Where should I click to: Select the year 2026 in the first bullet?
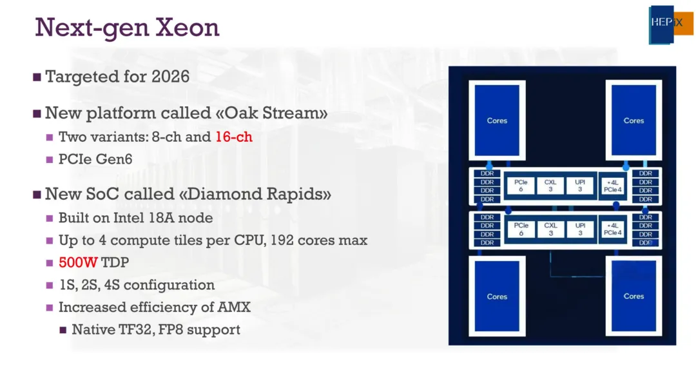pyautogui.click(x=171, y=77)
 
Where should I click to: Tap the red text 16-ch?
pyautogui.click(x=234, y=137)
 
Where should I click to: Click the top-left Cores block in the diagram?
pyautogui.click(x=497, y=121)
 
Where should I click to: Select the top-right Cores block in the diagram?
pyautogui.click(x=633, y=121)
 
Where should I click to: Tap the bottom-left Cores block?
pyautogui.click(x=497, y=296)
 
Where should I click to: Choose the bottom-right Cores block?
pyautogui.click(x=633, y=296)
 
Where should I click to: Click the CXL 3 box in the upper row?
pyautogui.click(x=550, y=186)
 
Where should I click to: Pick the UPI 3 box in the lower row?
pyautogui.click(x=580, y=229)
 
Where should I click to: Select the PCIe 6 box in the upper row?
pyautogui.click(x=521, y=186)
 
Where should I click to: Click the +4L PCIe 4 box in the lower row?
pyautogui.click(x=613, y=229)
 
